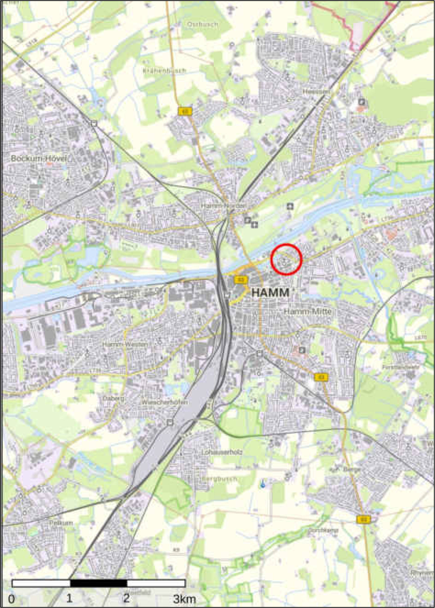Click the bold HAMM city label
(270, 293)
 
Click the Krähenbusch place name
(164, 71)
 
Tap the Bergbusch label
(219, 479)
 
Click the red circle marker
(286, 259)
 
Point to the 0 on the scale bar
(11, 598)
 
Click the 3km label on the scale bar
(184, 598)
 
